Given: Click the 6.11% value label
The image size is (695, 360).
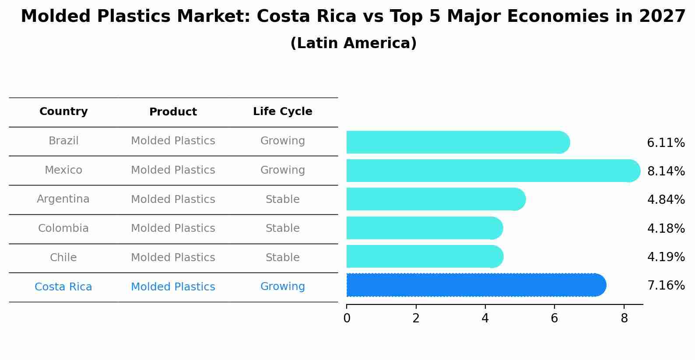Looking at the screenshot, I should (666, 143).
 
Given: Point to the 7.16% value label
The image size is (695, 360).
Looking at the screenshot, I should (666, 286).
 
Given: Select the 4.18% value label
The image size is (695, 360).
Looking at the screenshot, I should (666, 228).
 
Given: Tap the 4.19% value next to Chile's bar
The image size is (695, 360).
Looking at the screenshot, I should (666, 257).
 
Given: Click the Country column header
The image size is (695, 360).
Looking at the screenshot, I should (63, 112).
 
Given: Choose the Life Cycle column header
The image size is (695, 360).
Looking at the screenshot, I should (282, 112).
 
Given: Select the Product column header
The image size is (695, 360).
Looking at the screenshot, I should (173, 112).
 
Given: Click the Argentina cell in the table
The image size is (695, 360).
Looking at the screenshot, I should (63, 199).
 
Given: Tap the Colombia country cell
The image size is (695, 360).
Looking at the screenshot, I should (63, 228).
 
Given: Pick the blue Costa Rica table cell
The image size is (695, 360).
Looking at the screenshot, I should (63, 287).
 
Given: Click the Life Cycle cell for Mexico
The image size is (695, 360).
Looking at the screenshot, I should (282, 170).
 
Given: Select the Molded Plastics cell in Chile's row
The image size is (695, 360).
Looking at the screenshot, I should (173, 258).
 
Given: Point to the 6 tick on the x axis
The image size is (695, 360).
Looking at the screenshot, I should (554, 318).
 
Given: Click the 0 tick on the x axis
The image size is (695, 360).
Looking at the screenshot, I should (347, 318).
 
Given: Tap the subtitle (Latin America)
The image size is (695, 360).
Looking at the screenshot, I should (353, 43).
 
